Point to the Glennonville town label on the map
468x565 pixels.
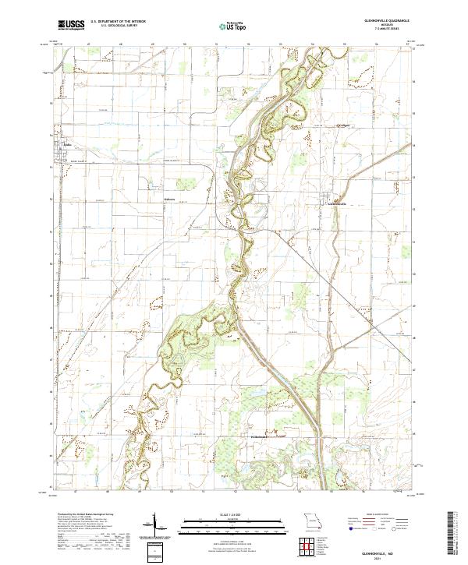[335, 205]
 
